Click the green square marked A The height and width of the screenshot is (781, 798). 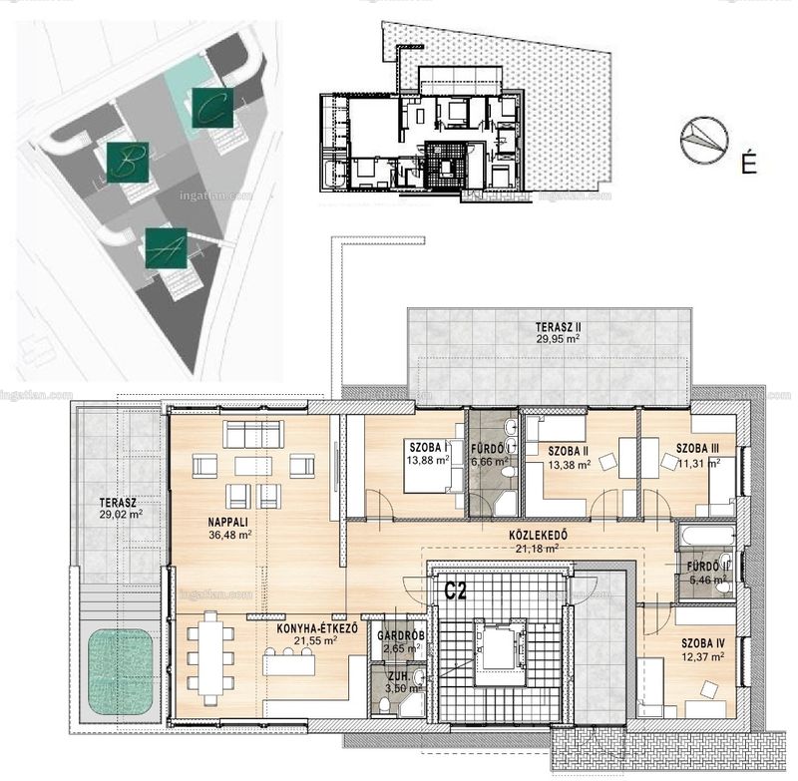166,247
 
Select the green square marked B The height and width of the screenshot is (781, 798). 128,163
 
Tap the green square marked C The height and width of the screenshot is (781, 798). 212,108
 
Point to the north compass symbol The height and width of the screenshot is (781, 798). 704,139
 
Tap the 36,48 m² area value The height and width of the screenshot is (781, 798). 230,535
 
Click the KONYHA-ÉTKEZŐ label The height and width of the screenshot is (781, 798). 317,629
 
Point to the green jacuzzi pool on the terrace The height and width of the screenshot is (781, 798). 121,672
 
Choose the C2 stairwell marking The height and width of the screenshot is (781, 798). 456,590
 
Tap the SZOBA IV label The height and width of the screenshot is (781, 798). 703,644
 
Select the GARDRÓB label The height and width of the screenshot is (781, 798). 401,636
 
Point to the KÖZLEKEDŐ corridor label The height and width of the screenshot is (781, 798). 538,536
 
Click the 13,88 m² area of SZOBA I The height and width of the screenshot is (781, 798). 428,460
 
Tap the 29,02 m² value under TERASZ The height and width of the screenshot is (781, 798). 121,515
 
